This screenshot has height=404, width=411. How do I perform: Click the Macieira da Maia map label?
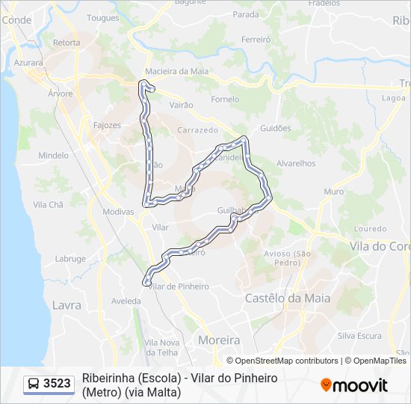[x=177, y=71]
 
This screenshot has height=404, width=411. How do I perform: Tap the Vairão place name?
[x=182, y=106]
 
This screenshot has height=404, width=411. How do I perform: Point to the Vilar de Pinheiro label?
[x=179, y=286]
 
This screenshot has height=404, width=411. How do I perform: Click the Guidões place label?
[x=275, y=128]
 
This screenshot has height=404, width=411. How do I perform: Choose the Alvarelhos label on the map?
[x=296, y=163]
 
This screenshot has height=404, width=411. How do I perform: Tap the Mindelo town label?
[x=53, y=156]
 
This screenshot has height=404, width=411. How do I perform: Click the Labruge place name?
[x=70, y=259]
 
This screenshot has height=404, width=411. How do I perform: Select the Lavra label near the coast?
[x=67, y=304]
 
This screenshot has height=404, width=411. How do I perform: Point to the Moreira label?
[x=219, y=340]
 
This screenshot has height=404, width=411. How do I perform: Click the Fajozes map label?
[x=107, y=125]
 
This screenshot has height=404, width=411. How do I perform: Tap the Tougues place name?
[x=102, y=17]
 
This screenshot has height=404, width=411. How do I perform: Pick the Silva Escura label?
[x=359, y=336]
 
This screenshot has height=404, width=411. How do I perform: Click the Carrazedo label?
[x=197, y=130]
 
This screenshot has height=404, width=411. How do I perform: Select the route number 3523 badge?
[x=57, y=384]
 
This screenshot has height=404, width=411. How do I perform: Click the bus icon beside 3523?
[x=34, y=384]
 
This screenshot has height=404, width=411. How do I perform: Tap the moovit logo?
[x=354, y=385]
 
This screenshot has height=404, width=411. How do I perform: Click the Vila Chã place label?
[x=49, y=204]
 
